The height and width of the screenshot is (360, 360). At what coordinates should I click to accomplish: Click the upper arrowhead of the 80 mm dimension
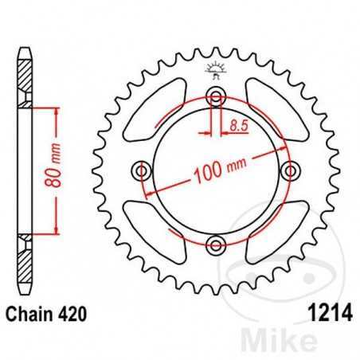(x=56, y=112)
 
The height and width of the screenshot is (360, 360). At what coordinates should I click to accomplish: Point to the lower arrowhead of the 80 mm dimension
(x=56, y=229)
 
